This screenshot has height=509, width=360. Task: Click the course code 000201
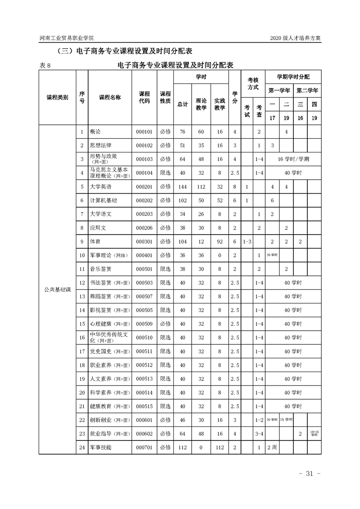point(144,186)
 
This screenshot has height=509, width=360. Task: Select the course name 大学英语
point(101,186)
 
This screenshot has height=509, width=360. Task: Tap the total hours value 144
point(182,186)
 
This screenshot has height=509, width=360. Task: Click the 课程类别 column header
point(57,98)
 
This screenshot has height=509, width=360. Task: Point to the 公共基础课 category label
point(57,289)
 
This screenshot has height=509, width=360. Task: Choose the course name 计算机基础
point(104,200)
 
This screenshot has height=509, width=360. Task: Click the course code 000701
point(144,447)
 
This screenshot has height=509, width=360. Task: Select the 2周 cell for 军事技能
point(272,447)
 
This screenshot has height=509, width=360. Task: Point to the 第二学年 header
point(307,90)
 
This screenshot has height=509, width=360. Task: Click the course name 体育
point(95,241)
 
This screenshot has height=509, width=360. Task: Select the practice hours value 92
point(220,241)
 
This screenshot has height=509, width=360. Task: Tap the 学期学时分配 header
point(293,77)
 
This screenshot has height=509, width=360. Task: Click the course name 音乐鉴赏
point(101,269)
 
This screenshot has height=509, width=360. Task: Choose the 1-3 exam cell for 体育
point(247,241)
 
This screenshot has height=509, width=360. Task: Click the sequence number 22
point(82,420)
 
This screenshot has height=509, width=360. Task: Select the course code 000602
point(144,433)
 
